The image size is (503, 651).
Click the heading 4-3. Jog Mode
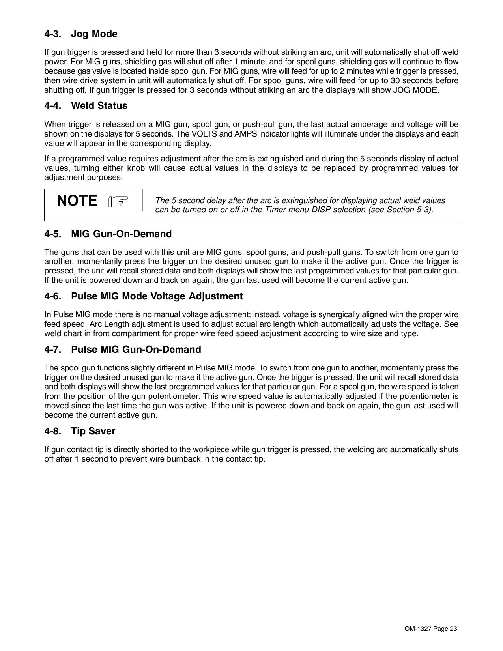pyautogui.click(x=80, y=34)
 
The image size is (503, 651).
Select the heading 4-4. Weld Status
pyautogui.click(x=86, y=106)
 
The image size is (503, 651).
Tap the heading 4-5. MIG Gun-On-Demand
pyautogui.click(x=108, y=234)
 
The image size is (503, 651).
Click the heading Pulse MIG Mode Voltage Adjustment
pyautogui.click(x=157, y=297)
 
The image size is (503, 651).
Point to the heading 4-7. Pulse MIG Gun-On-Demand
pyautogui.click(x=122, y=350)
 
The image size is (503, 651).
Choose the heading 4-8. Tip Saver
pyautogui.click(x=80, y=432)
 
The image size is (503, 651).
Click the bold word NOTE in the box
pyautogui.click(x=77, y=201)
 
